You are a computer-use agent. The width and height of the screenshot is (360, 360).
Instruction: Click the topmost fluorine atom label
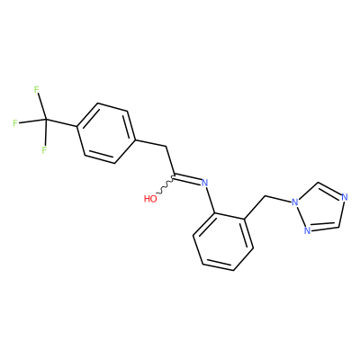tap(37, 89)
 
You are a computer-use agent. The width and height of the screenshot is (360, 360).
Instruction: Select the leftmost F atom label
tap(15, 123)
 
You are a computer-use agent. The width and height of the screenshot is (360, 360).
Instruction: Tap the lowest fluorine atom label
tap(44, 149)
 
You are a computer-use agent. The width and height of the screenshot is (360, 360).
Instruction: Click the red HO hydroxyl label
tap(150, 198)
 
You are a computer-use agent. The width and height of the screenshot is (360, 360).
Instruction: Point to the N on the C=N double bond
tap(204, 183)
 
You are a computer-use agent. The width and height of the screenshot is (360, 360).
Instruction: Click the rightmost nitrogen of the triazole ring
tap(345, 197)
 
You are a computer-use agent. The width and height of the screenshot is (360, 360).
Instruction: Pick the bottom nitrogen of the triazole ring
tap(307, 230)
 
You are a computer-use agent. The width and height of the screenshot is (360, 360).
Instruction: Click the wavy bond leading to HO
tap(166, 185)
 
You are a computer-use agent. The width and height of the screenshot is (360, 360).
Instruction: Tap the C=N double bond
tap(186, 179)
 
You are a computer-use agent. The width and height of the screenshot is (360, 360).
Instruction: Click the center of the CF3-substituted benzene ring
tap(105, 133)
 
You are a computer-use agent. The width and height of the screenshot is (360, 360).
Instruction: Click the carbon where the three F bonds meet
tap(46, 120)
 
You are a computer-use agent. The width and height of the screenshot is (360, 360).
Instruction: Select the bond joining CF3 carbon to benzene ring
tap(62, 123)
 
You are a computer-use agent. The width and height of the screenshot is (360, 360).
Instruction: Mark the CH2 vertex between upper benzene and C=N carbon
tap(166, 147)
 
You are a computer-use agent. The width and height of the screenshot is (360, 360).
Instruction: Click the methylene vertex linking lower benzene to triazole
tap(265, 196)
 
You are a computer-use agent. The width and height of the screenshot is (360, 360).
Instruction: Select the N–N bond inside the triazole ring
tap(301, 217)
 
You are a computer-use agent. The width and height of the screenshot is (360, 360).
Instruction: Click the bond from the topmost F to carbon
tap(41, 106)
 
